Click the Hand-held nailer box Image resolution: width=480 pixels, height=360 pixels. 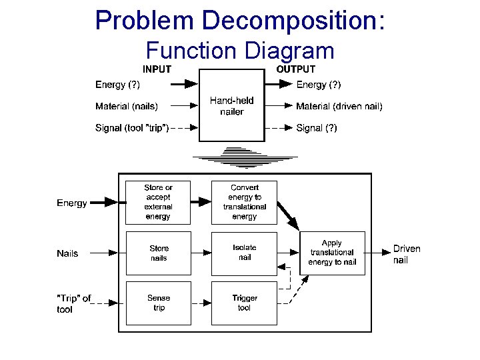click(231, 105)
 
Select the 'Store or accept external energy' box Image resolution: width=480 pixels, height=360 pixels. click(158, 202)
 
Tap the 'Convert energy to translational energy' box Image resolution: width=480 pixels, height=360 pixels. click(244, 202)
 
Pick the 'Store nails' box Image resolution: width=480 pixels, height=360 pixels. click(158, 253)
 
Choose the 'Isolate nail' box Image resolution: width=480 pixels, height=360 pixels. click(244, 253)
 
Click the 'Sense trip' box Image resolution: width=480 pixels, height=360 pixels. click(158, 303)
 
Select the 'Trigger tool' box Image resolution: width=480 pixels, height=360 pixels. click(244, 303)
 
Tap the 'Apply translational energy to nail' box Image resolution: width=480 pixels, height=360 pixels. click(332, 253)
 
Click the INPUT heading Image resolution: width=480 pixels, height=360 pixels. click(157, 69)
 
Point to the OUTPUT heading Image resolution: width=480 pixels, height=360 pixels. click(296, 69)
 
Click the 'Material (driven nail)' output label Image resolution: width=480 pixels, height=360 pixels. click(339, 106)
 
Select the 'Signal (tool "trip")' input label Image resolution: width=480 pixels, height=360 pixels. click(131, 127)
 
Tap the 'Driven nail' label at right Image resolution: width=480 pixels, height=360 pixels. click(406, 254)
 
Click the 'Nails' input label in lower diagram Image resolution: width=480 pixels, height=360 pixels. click(67, 253)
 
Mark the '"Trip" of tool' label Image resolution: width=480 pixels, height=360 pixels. click(73, 304)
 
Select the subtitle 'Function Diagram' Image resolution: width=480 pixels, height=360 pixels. click(239, 50)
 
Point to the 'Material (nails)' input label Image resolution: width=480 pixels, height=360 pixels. click(127, 106)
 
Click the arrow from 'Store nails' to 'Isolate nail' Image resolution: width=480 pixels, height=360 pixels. click(201, 253)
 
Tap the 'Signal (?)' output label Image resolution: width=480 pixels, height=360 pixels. click(317, 127)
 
